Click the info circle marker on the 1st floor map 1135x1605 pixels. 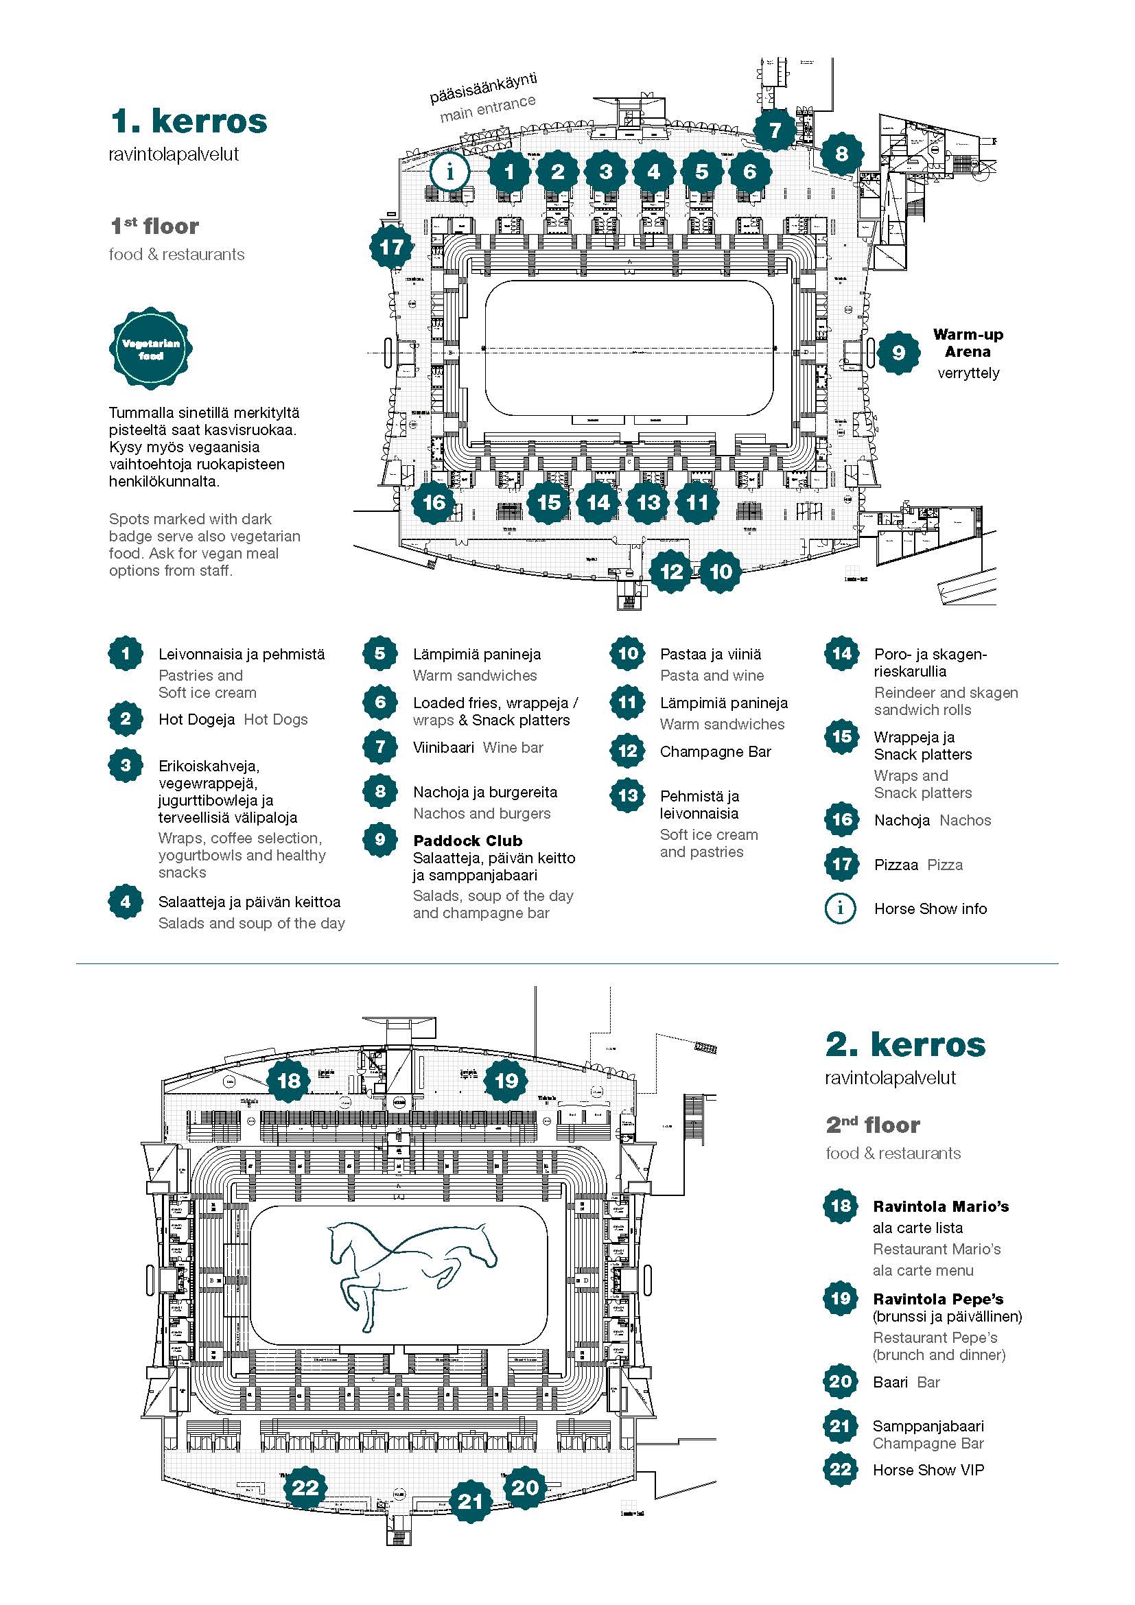pyautogui.click(x=450, y=172)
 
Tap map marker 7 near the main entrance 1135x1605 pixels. pyautogui.click(x=774, y=130)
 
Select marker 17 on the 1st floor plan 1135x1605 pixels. pyautogui.click(x=391, y=247)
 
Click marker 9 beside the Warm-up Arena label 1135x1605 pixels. pyautogui.click(x=898, y=353)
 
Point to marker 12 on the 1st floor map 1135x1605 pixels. pyautogui.click(x=671, y=572)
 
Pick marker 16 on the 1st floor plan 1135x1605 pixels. pyautogui.click(x=434, y=502)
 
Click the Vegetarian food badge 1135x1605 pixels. pyautogui.click(x=151, y=349)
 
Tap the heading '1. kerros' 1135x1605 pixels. pyautogui.click(x=189, y=121)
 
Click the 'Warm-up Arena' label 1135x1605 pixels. pyautogui.click(x=968, y=343)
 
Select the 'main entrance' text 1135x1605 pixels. pyautogui.click(x=488, y=108)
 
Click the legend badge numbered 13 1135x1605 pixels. pyautogui.click(x=628, y=795)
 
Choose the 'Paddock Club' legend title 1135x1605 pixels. pyautogui.click(x=467, y=841)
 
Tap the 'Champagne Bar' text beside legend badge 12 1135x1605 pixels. pyautogui.click(x=716, y=752)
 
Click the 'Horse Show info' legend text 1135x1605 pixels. pyautogui.click(x=931, y=909)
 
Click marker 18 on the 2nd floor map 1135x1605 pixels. pyautogui.click(x=289, y=1081)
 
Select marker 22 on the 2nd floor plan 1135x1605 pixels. pyautogui.click(x=305, y=1487)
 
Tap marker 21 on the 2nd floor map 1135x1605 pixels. pyautogui.click(x=470, y=1501)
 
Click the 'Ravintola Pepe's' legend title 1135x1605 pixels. pyautogui.click(x=938, y=1299)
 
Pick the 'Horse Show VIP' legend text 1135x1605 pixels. pyautogui.click(x=928, y=1470)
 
